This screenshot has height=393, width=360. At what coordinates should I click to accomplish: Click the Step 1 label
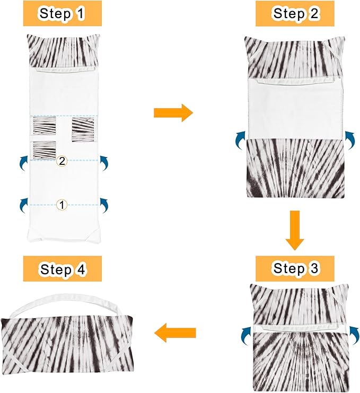click(x=63, y=14)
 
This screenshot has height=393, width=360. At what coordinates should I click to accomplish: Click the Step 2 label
click(x=295, y=14)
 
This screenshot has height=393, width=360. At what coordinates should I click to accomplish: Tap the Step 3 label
click(x=295, y=268)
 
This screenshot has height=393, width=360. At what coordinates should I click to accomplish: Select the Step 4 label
click(x=63, y=269)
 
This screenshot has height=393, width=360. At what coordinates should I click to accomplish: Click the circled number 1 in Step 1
click(x=62, y=205)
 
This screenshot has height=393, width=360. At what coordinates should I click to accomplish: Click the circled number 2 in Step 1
click(x=62, y=161)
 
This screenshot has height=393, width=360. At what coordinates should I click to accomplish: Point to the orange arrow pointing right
click(x=173, y=113)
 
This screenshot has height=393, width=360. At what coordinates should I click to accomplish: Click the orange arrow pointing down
click(x=295, y=230)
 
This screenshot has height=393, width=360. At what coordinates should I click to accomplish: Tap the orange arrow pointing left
click(x=174, y=333)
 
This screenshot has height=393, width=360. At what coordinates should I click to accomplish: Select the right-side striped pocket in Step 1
click(x=83, y=130)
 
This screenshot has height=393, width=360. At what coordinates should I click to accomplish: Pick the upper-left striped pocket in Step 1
click(x=45, y=126)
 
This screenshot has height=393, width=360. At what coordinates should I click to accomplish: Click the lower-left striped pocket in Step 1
click(x=45, y=150)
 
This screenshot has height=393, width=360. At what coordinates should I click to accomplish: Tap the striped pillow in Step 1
click(x=63, y=52)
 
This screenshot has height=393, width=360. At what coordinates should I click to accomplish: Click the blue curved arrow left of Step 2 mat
click(x=240, y=140)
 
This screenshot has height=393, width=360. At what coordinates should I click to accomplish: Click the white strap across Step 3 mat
click(x=301, y=328)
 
